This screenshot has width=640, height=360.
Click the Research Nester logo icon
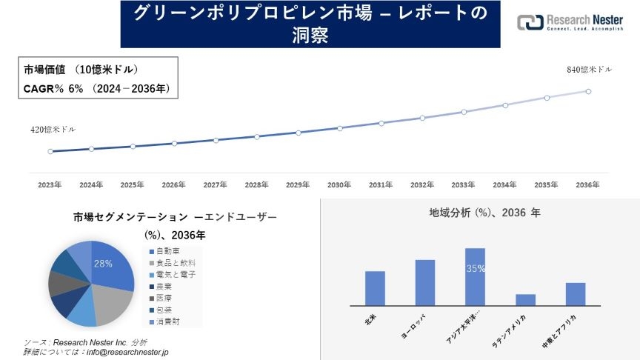tap(530, 23)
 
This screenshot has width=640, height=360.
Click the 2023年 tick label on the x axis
tap(50, 184)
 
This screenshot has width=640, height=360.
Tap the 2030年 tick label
tap(339, 184)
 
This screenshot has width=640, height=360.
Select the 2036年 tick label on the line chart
tap(587, 184)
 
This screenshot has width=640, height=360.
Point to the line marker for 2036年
tap(588, 91)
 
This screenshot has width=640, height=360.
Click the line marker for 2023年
tap(50, 151)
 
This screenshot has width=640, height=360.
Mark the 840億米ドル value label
tap(590, 70)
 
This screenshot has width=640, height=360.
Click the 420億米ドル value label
tap(53, 130)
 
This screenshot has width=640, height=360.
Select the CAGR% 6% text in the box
tap(54, 89)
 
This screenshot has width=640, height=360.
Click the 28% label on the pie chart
tap(103, 263)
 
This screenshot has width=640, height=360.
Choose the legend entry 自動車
tap(167, 252)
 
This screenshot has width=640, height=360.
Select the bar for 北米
tap(375, 288)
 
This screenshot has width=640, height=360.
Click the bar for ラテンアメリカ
tap(525, 299)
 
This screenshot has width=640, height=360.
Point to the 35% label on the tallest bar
tap(475, 269)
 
